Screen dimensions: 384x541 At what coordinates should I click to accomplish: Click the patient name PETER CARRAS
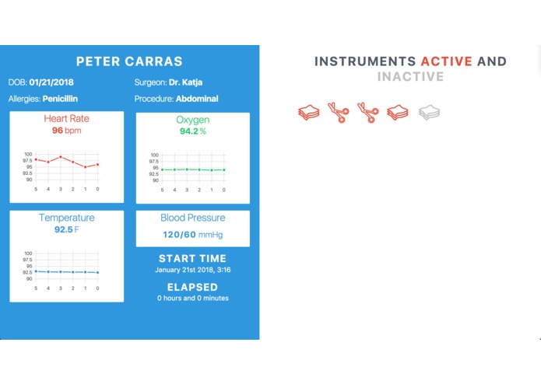[x=129, y=61]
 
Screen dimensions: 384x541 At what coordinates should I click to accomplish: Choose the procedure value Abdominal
[x=197, y=99]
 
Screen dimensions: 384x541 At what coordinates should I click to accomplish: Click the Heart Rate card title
[x=66, y=119]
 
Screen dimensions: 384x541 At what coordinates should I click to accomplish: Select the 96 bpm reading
[x=66, y=131]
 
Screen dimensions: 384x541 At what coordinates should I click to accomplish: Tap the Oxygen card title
[x=192, y=120]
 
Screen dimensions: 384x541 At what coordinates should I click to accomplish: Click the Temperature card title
[x=66, y=218]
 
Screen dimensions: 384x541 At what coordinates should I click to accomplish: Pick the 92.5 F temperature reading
[x=66, y=230]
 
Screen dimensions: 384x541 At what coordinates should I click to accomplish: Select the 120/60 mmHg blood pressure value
[x=192, y=234]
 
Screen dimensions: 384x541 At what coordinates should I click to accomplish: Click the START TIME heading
[x=192, y=259]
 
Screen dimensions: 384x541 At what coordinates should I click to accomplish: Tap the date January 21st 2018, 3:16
[x=192, y=271]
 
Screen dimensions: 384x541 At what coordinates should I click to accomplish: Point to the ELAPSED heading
[x=192, y=287]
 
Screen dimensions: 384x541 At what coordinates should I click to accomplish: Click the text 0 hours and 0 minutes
[x=192, y=298]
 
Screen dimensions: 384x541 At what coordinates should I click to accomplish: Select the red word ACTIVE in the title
[x=446, y=61]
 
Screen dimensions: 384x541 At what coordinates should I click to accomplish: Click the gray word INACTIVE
[x=410, y=77]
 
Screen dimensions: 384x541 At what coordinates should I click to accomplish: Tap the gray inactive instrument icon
[x=429, y=113]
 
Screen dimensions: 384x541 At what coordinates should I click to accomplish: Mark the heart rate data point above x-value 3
[x=61, y=157]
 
